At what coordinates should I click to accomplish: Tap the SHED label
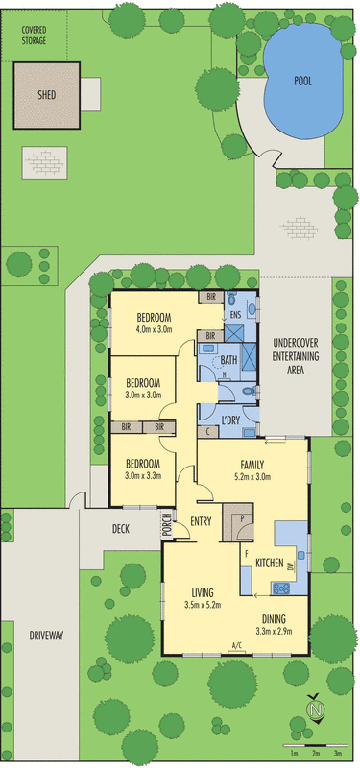[46, 94]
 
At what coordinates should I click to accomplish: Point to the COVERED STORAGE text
[35, 36]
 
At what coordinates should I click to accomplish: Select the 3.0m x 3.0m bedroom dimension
[142, 395]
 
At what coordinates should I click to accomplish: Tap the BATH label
[228, 361]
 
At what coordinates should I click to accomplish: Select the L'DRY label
[230, 420]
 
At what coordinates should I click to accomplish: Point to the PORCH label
[168, 525]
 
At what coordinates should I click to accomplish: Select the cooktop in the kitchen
[282, 588]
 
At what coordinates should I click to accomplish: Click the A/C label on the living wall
[236, 646]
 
